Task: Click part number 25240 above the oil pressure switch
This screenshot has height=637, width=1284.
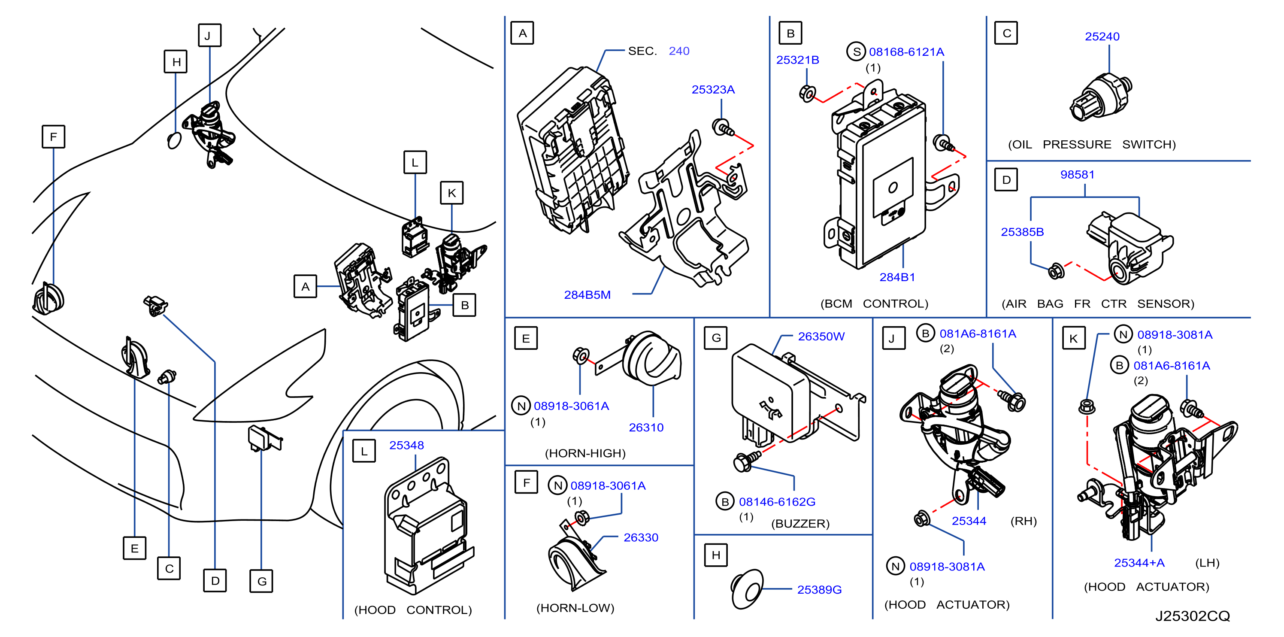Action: click(1102, 36)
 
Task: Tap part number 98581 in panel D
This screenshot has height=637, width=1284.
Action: click(1077, 174)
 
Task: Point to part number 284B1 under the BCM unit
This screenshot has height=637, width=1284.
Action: click(897, 277)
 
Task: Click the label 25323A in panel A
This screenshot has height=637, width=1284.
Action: click(713, 90)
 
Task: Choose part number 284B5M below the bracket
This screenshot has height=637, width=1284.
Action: click(587, 295)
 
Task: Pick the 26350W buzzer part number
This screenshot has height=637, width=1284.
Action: click(821, 337)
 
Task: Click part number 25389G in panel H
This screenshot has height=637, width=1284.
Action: click(819, 590)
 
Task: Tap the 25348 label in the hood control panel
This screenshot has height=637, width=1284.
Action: click(406, 446)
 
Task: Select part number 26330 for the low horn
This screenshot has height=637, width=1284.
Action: click(641, 538)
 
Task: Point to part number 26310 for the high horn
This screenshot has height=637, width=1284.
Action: click(646, 428)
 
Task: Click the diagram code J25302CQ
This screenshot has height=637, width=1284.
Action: click(1192, 616)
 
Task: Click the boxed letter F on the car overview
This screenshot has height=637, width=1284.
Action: click(53, 136)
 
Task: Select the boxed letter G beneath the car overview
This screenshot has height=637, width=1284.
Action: click(262, 581)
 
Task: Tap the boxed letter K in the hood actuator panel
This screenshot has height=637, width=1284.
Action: click(1074, 338)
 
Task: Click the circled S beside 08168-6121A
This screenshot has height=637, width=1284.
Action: click(856, 52)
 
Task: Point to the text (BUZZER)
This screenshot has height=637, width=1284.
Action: click(800, 524)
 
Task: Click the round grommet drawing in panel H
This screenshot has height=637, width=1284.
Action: click(747, 590)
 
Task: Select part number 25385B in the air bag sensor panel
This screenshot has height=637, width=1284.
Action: click(1022, 232)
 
